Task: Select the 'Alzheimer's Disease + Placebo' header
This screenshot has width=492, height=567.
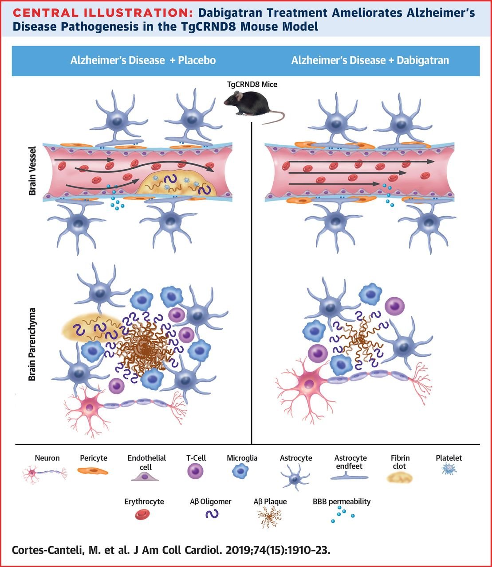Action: [x=143, y=60]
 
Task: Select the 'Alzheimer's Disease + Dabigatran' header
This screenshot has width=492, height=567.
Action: [x=370, y=60]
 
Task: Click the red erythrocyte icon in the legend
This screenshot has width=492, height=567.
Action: [x=143, y=514]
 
